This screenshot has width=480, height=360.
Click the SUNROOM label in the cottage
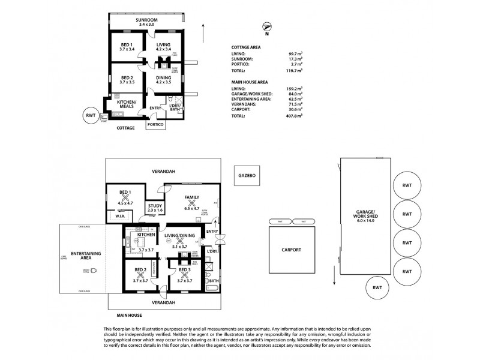coord(146,20)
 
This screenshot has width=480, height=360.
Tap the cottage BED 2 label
coord(126,78)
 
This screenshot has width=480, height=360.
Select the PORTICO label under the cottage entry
coord(156,124)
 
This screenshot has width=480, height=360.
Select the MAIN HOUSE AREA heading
coord(250,81)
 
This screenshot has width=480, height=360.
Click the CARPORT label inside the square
coord(290,250)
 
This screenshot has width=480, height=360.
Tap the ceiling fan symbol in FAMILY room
coord(192,203)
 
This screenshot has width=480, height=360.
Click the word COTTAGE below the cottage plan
coord(125,128)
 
